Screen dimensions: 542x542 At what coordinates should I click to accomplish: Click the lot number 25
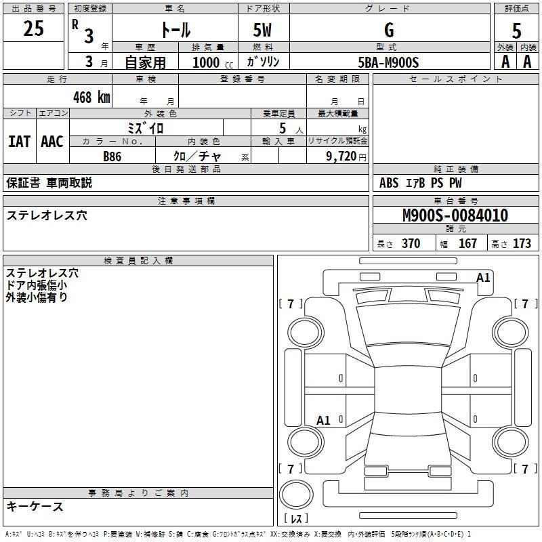point(33,28)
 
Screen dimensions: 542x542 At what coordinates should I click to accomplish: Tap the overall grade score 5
point(516,31)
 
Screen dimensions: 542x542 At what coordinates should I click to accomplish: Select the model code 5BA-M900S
point(388,62)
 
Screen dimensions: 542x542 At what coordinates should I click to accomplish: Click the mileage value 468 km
point(91,97)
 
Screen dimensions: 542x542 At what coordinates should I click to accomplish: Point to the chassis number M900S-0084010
point(455,215)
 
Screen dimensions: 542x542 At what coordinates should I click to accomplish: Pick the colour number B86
point(112,157)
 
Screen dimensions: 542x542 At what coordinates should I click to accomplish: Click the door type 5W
point(262,30)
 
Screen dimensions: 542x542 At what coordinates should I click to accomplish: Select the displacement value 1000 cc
point(213,62)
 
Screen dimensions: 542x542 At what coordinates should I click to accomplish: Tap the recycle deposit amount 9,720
point(341,157)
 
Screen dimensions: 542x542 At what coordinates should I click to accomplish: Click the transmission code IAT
point(20,142)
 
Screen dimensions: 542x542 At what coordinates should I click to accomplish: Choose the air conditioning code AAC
point(52,142)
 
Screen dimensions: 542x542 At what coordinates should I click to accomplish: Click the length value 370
point(411,243)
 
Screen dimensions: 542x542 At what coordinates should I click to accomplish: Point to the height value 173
point(522,243)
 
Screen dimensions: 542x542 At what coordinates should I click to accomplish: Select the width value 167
point(467,243)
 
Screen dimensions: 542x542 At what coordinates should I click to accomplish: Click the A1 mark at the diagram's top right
point(483,278)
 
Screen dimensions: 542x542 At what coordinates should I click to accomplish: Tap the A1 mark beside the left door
point(324,420)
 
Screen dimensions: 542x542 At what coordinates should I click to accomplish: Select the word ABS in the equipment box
point(389,183)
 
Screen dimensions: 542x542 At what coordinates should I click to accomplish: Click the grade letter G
point(389,30)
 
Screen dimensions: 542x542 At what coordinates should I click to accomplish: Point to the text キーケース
point(35,506)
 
